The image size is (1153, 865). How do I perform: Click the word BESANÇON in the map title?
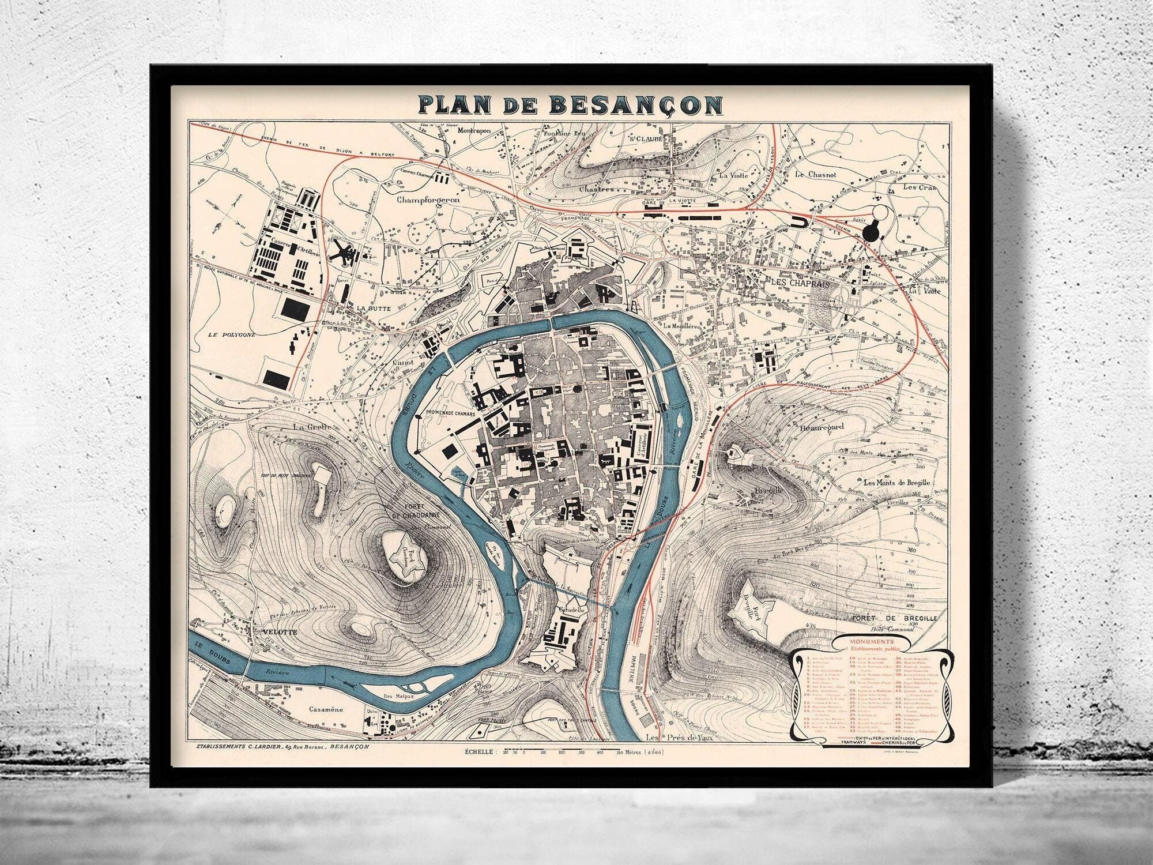tap(635, 104)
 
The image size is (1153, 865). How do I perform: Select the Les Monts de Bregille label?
tap(897, 483)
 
